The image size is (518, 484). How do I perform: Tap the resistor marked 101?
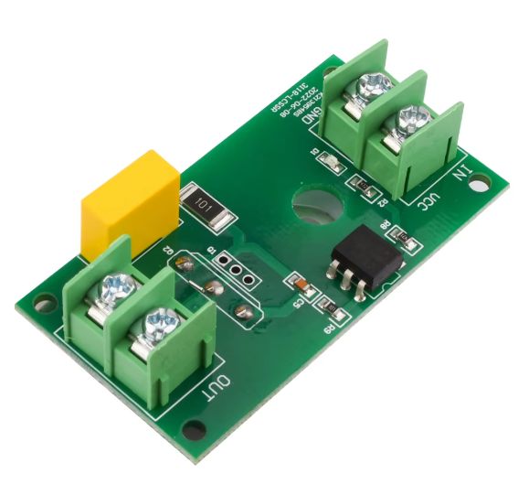(x=207, y=210)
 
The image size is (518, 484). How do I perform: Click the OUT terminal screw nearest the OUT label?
(x=162, y=323)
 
